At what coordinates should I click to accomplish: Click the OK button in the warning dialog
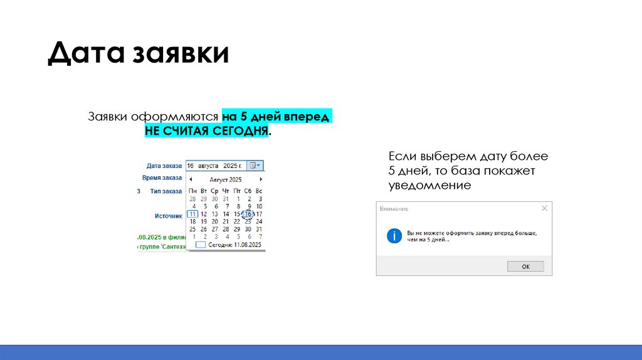click(x=525, y=267)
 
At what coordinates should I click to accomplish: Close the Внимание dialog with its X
click(x=544, y=208)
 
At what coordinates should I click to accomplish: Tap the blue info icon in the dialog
click(x=394, y=236)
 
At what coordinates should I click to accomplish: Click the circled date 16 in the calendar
click(x=248, y=214)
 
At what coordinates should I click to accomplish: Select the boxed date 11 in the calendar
click(x=193, y=214)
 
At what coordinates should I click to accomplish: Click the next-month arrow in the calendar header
click(x=260, y=179)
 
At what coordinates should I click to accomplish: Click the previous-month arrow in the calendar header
click(x=191, y=179)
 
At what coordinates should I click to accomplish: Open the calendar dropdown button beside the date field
click(x=256, y=166)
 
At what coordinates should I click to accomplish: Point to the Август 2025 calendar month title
click(x=226, y=179)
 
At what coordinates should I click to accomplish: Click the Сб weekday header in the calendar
click(x=248, y=190)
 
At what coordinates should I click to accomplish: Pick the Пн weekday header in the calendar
click(x=193, y=190)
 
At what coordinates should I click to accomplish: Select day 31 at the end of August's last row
click(x=259, y=229)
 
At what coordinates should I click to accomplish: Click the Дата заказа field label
click(x=164, y=166)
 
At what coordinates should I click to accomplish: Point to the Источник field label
click(x=168, y=216)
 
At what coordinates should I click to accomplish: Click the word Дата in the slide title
click(x=87, y=53)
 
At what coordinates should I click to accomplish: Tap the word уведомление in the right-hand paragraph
click(x=429, y=186)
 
